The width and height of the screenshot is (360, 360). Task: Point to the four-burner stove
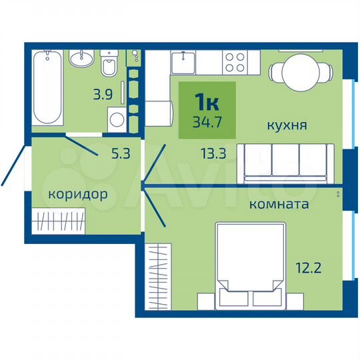pos(235,62)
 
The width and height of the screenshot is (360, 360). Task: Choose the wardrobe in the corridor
pos(61,219)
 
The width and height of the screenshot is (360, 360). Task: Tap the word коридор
pos(77,195)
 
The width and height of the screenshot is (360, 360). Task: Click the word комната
pos(278,204)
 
